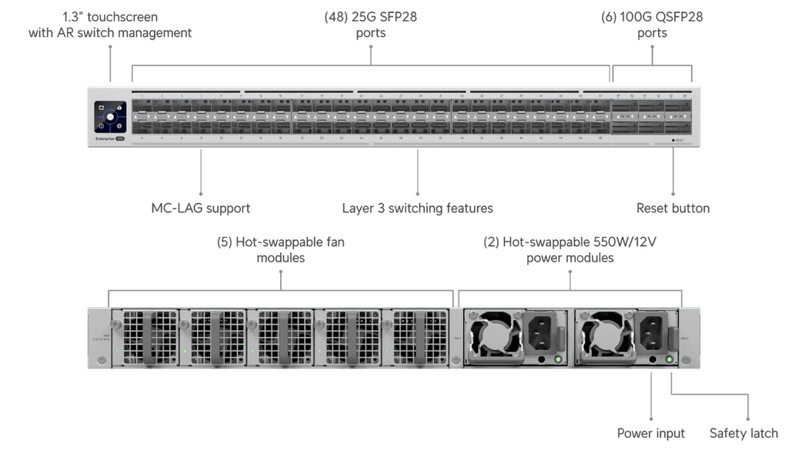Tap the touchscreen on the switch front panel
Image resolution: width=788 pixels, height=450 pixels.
pyautogui.click(x=110, y=117)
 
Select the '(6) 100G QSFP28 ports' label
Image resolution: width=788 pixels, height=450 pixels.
pyautogui.click(x=653, y=25)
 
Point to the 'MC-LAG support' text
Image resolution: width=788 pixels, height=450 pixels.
pyautogui.click(x=200, y=208)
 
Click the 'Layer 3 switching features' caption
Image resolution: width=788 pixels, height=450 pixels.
pyautogui.click(x=417, y=208)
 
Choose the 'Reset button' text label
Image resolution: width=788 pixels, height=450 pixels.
pyautogui.click(x=673, y=208)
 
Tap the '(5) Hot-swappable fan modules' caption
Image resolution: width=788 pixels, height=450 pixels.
pyautogui.click(x=281, y=251)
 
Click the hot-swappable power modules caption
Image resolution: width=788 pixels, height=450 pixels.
pyautogui.click(x=569, y=251)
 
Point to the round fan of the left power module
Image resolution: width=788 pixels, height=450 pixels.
pyautogui.click(x=496, y=336)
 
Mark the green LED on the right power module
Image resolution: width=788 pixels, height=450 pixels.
pyautogui.click(x=669, y=359)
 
